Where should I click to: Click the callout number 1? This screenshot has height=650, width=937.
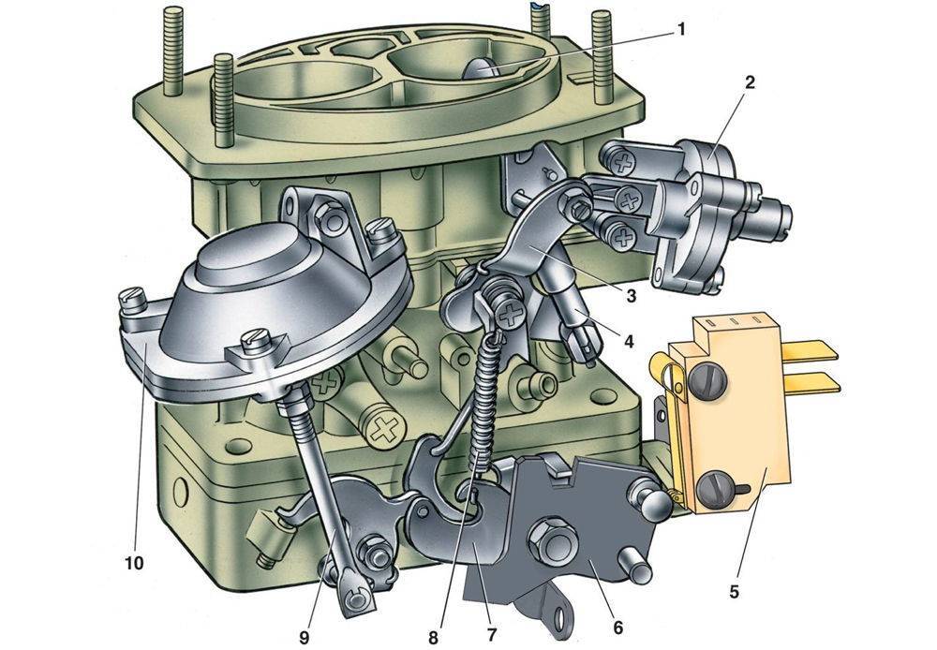click(679, 29)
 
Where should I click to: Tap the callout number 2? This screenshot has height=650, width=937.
click(749, 83)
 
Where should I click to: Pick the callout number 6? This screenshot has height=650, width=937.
click(617, 628)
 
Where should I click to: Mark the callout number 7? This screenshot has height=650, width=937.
click(491, 632)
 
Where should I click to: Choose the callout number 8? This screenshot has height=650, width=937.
click(433, 637)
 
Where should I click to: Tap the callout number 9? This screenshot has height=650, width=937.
click(304, 637)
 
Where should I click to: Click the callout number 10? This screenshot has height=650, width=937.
click(134, 563)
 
